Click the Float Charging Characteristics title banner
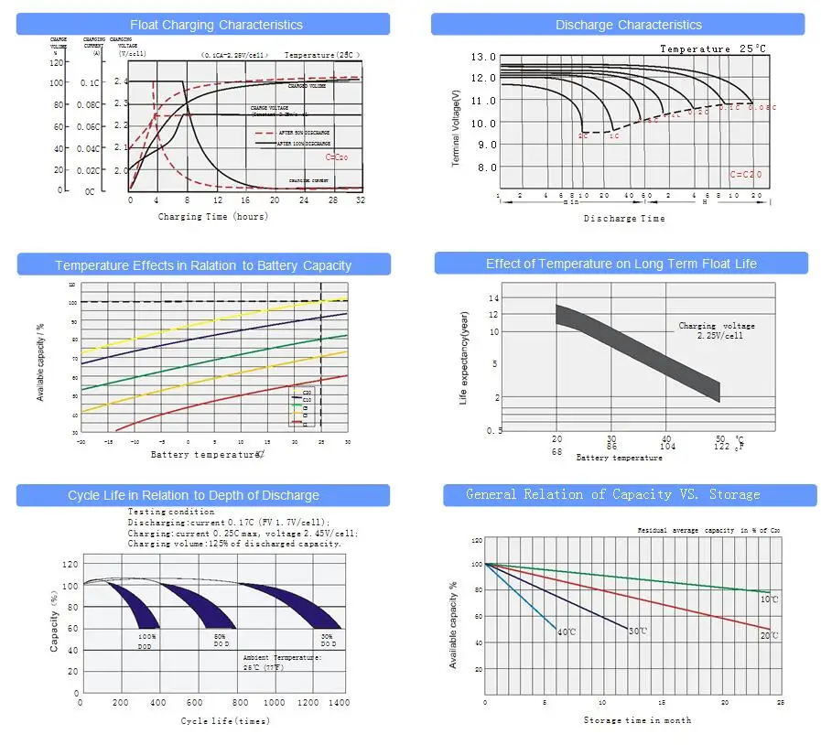pos(216,25)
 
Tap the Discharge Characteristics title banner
pos(629,25)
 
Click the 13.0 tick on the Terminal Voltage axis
pos(483,58)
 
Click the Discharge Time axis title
pos(624,219)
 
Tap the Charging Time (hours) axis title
pos(212,217)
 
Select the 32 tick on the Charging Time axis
pos(360,200)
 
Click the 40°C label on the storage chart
pos(567,632)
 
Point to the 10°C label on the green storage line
pos(769,599)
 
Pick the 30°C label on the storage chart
pos(638,632)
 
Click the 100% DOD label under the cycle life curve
pos(146,641)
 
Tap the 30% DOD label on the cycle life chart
pos(328,641)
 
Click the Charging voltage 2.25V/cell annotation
pos(717,330)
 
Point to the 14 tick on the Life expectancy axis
pos(494,298)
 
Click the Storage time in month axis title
pos(637,720)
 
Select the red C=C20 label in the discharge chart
pos(745,174)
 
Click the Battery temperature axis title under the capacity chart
pos(206,454)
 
